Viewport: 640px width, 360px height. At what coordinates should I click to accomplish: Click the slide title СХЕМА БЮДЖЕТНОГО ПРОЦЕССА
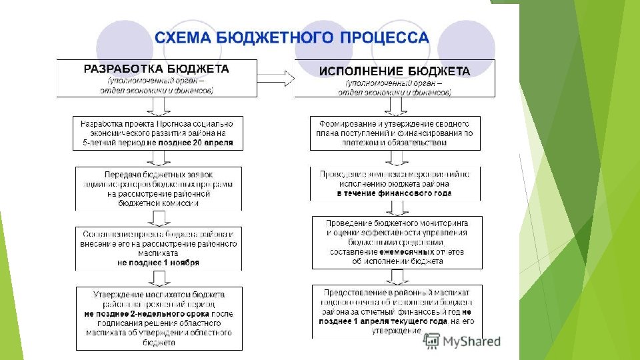pos(292,37)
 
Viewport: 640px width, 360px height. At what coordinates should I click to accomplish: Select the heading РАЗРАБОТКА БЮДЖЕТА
pos(156,68)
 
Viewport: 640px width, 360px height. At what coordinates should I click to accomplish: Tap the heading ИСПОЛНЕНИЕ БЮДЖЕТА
pos(394,71)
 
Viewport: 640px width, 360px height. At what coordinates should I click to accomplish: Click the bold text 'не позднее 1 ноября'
pos(158,263)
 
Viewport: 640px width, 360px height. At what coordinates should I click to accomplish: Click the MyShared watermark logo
pos(463,341)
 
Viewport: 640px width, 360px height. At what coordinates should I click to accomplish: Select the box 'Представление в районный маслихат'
pos(397,310)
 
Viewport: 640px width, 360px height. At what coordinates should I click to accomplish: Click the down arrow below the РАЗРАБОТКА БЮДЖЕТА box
pos(159,107)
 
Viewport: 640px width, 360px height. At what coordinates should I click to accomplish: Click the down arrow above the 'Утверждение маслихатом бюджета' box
pos(159,278)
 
